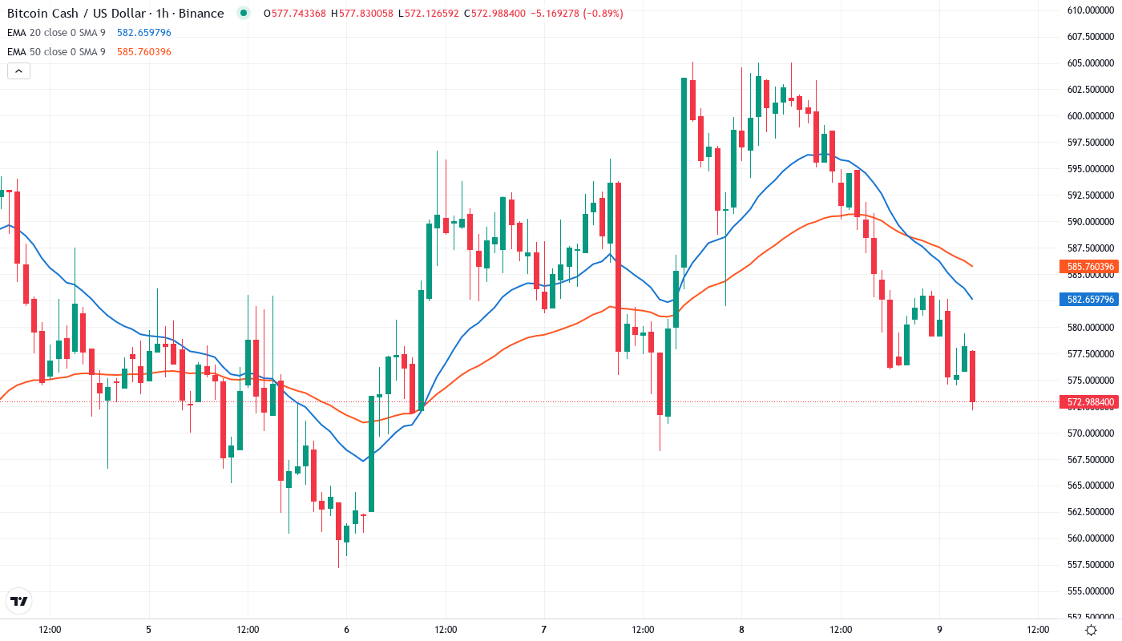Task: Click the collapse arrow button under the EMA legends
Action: tap(18, 71)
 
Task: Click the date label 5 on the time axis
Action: tap(148, 630)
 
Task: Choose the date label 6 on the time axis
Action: tap(346, 630)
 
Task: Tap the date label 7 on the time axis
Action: tap(544, 630)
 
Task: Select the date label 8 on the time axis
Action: tap(741, 630)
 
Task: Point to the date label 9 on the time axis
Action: tap(939, 630)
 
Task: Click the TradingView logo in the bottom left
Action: tap(18, 601)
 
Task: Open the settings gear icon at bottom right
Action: tap(1091, 630)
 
